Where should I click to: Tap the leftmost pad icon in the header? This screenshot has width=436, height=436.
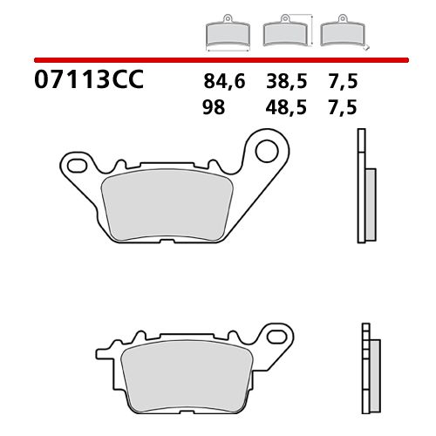point(227,34)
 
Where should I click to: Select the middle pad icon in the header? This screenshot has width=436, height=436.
point(283,33)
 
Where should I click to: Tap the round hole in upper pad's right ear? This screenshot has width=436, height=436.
point(267,149)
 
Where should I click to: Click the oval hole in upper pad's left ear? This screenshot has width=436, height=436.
point(75,163)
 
